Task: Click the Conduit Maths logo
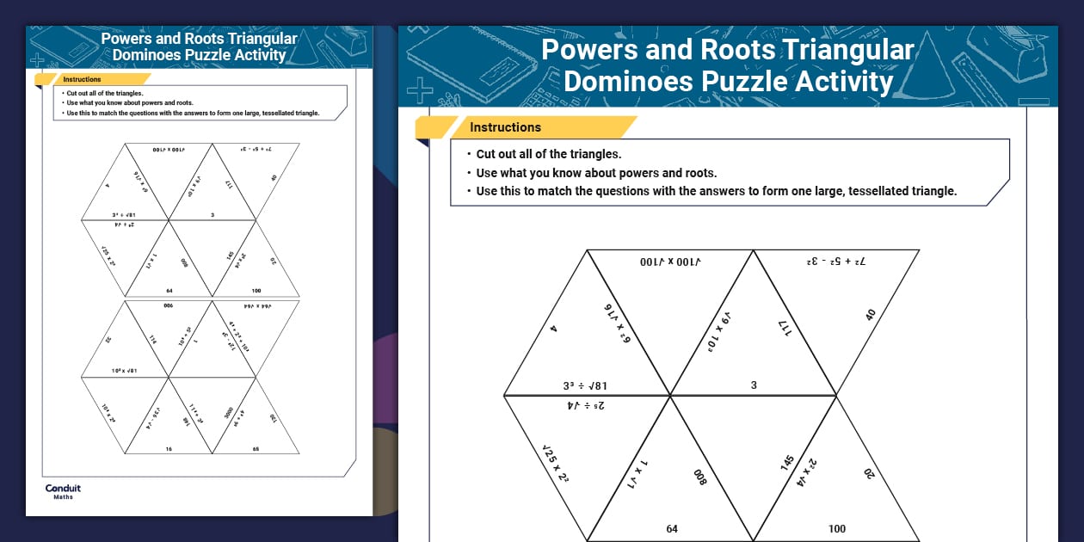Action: [63, 491]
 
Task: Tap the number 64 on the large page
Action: [672, 529]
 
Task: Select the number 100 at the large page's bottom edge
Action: [836, 529]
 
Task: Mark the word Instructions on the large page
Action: [505, 127]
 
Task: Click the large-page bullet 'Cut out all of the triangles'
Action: [549, 154]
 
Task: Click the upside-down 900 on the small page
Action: [169, 305]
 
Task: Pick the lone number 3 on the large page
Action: [754, 385]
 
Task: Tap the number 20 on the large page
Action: [869, 472]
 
